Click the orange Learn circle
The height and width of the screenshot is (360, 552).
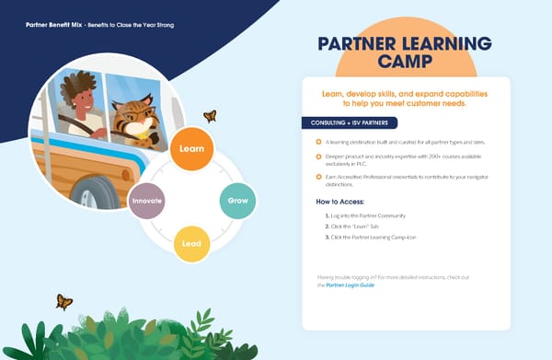[192, 148]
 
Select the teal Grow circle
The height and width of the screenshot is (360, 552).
[236, 200]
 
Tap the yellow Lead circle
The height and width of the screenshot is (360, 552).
[191, 244]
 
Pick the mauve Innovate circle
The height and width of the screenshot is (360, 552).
[147, 200]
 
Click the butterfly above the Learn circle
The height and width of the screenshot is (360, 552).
[210, 116]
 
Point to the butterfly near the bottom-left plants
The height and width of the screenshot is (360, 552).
[63, 301]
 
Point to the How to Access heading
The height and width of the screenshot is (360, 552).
[340, 201]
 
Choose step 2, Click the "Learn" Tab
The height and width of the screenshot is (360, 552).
[362, 226]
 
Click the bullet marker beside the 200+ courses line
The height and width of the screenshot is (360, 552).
[318, 158]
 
